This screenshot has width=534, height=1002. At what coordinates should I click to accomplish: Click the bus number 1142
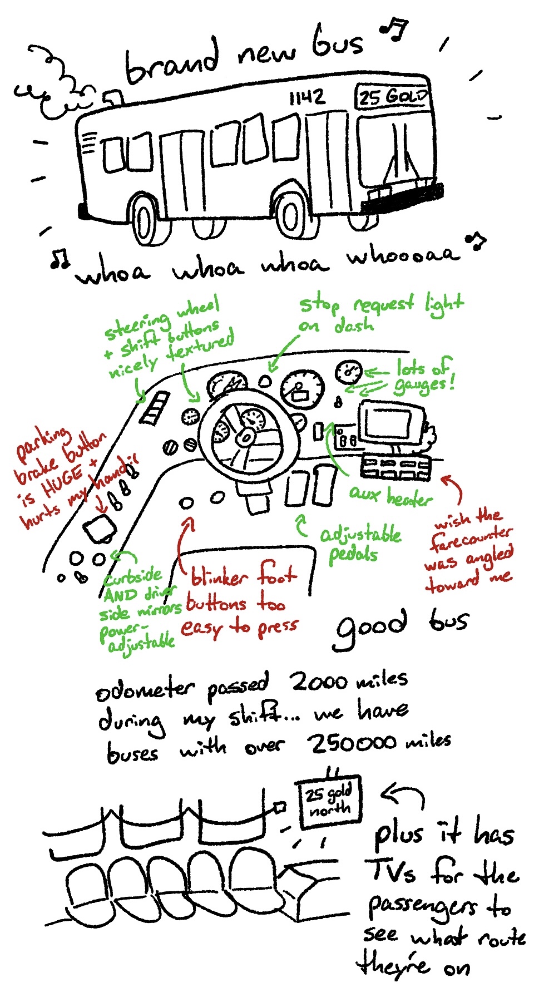point(306,98)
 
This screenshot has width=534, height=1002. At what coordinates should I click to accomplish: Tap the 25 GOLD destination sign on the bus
point(393,96)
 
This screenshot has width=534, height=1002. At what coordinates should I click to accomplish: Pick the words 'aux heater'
point(390,496)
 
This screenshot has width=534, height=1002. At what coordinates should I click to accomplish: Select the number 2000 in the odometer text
point(321,681)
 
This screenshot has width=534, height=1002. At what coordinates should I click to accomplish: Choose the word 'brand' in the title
point(172,62)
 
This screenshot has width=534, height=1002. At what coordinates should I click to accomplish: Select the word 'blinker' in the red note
point(219,576)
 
